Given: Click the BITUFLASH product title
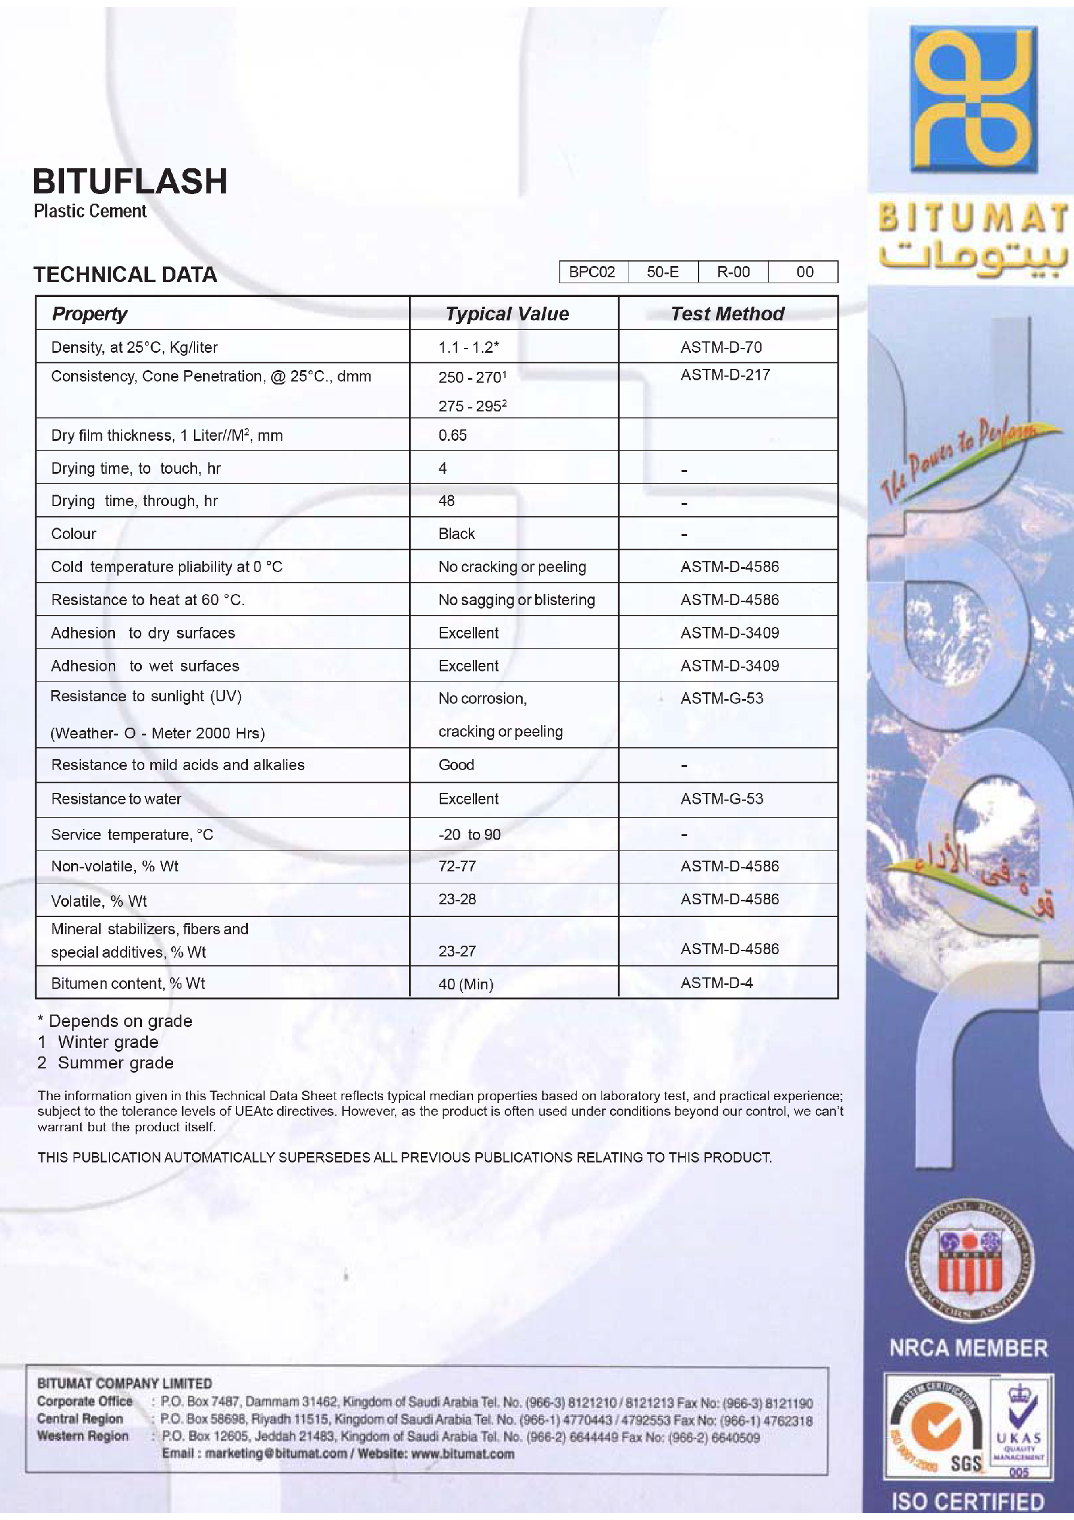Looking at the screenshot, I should click(130, 181).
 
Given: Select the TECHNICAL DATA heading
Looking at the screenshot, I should click(125, 275).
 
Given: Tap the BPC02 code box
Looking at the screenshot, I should click(592, 272).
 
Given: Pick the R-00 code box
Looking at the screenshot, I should click(733, 272).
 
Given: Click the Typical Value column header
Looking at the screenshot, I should click(507, 314).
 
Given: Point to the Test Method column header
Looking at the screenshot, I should click(727, 314).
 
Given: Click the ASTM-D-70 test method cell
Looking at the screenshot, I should click(721, 347).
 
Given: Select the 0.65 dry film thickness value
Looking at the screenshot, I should click(453, 435).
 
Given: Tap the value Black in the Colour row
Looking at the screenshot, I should click(457, 534).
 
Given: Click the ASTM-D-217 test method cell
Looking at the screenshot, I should click(724, 376).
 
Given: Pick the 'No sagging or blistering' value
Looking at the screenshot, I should click(516, 599).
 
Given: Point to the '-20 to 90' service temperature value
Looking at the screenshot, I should click(469, 835).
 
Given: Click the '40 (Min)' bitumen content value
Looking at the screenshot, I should click(466, 985).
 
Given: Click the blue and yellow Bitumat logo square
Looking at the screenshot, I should click(973, 99).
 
